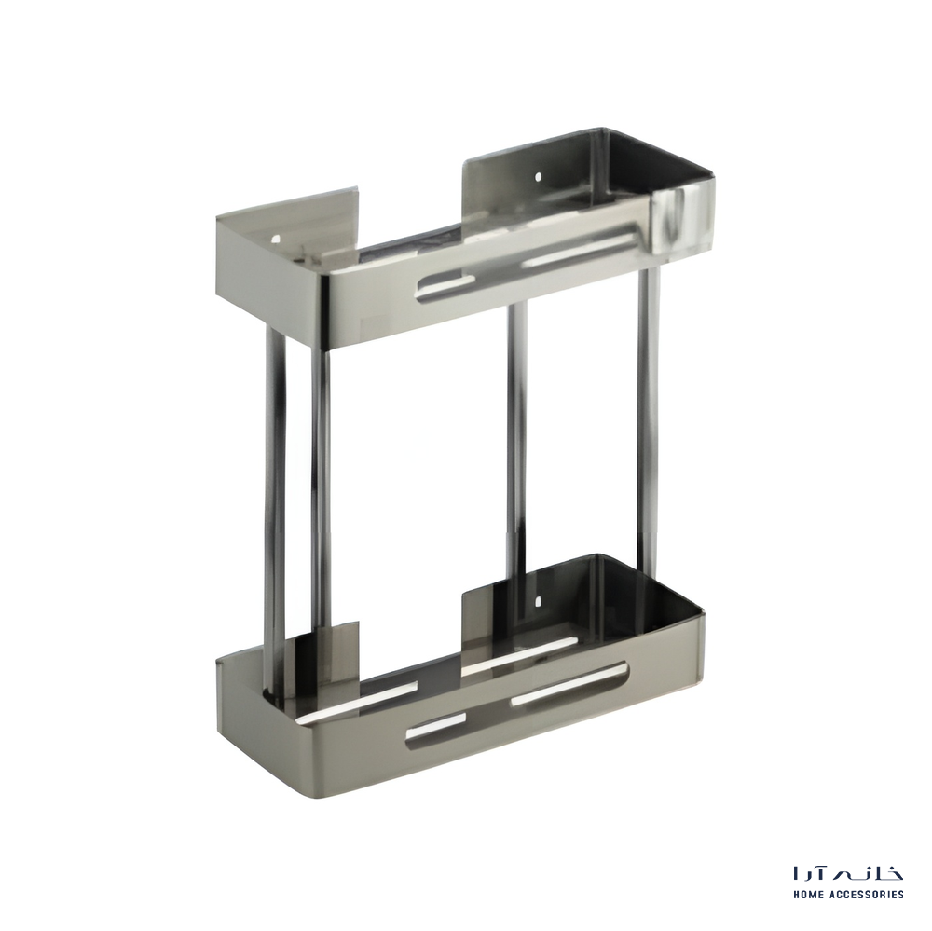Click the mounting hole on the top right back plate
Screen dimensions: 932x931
click(x=538, y=176)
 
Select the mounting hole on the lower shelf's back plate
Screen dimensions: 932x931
click(x=538, y=602)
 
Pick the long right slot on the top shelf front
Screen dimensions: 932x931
click(x=579, y=252)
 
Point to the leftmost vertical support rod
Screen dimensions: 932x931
click(x=275, y=512)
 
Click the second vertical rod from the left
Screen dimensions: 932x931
click(x=321, y=487)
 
